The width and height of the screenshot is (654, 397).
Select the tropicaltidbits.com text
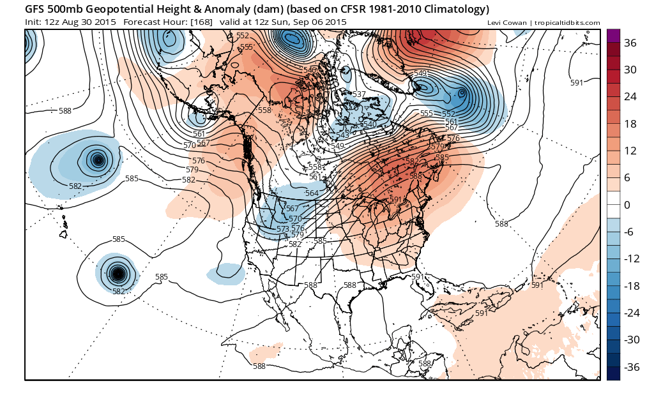tap(567, 23)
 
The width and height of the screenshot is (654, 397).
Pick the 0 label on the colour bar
tap(627, 205)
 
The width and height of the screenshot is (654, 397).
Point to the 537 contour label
tap(359, 94)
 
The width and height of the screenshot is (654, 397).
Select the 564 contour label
tap(312, 193)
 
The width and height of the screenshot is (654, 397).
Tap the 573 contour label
tap(283, 228)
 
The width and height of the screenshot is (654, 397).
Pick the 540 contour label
tap(369, 124)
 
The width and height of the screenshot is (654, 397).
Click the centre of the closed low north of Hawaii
tap(98, 160)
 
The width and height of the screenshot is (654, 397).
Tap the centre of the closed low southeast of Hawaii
tap(118, 274)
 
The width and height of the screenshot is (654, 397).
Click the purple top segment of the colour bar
tap(613, 36)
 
